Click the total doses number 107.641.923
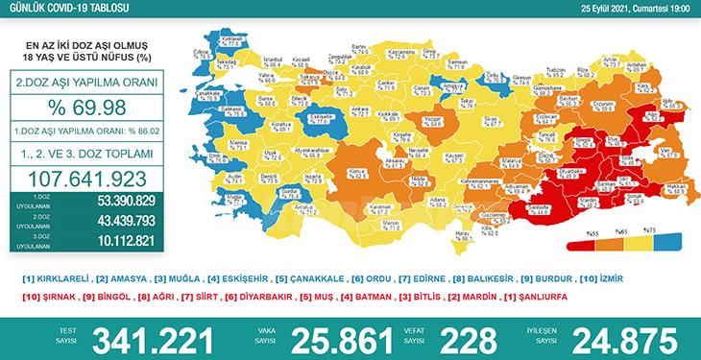[88, 179]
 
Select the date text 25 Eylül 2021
[602, 9]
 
